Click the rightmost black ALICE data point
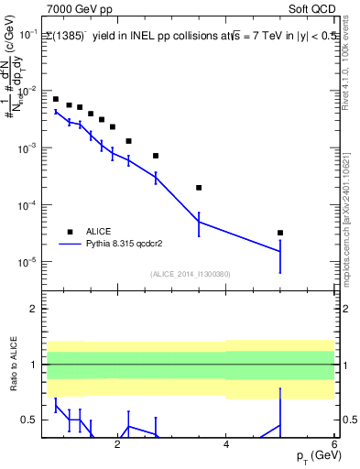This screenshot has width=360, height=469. (x=280, y=233)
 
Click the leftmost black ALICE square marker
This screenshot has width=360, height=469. (x=56, y=99)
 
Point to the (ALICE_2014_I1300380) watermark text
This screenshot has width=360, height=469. (x=191, y=274)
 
